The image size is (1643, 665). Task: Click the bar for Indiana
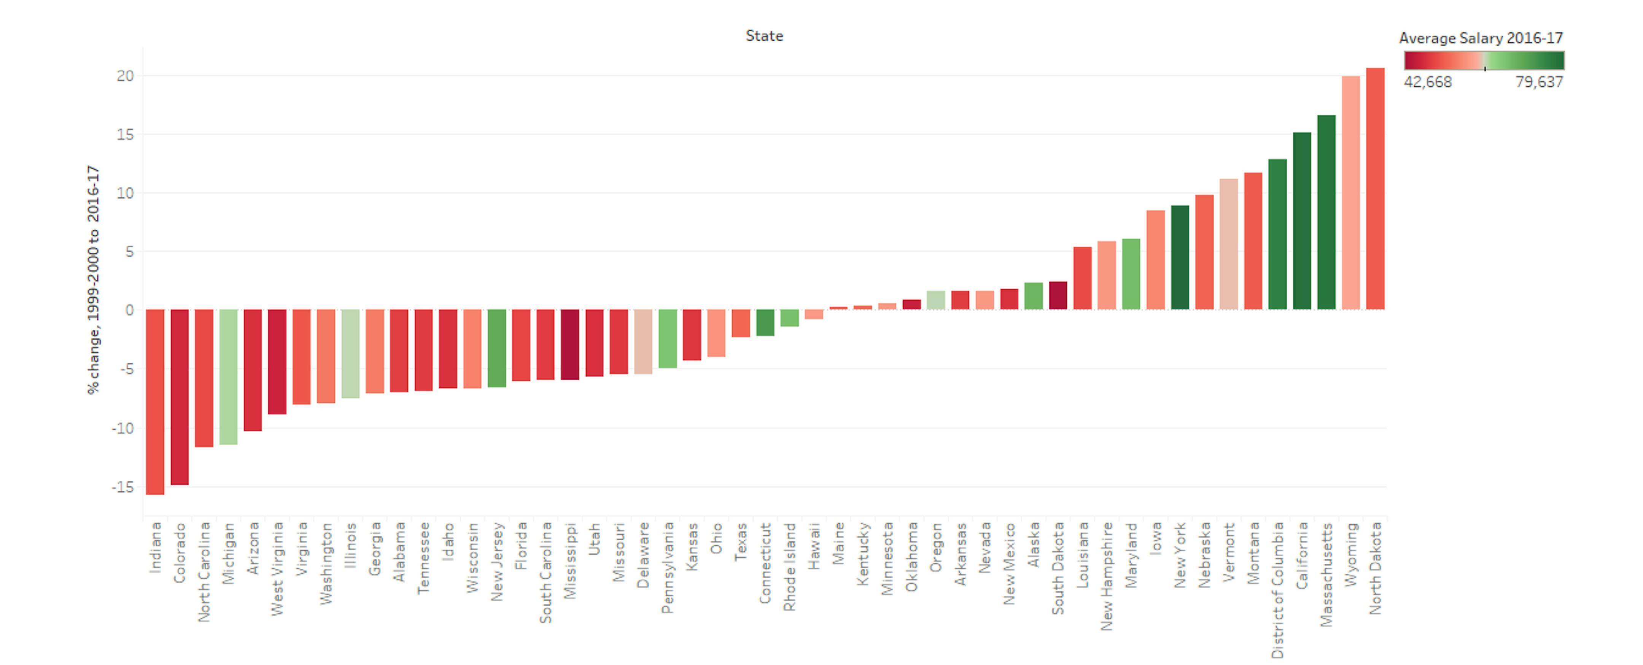155,402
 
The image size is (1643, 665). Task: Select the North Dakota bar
1375,189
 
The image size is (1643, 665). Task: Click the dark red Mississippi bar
569,344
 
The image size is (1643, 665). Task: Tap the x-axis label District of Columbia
1277,590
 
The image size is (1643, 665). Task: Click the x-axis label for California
1302,555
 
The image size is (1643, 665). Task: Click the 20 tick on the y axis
125,76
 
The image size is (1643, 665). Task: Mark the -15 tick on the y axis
122,487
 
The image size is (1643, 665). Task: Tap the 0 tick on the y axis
129,311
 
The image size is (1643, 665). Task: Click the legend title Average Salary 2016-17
1480,38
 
